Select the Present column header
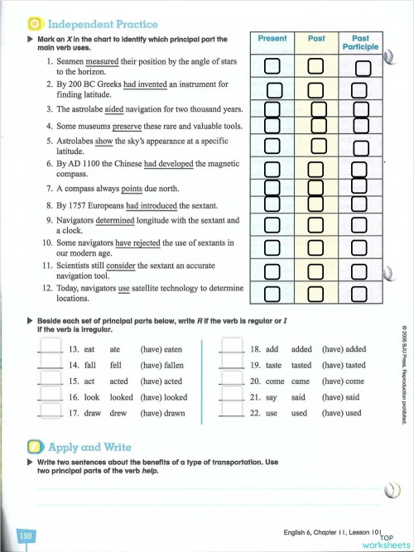point(272,39)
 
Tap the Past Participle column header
point(360,43)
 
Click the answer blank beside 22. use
point(229,412)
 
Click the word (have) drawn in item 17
point(163,412)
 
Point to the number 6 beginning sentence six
point(49,165)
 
